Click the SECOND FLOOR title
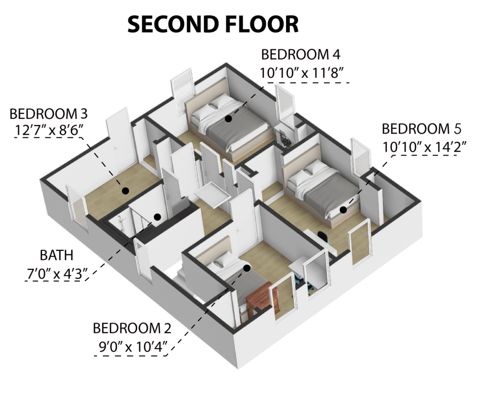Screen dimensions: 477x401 click(x=213, y=24)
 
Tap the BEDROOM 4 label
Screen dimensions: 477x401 click(x=301, y=55)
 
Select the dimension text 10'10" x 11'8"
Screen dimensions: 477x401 click(x=301, y=73)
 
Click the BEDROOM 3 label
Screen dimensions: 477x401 click(x=49, y=114)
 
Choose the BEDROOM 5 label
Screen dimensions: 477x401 click(x=421, y=129)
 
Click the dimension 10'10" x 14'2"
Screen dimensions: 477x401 click(x=424, y=147)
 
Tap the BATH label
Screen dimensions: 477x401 click(x=56, y=255)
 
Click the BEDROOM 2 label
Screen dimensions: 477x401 click(x=132, y=328)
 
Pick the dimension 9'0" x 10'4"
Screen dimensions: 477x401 click(x=133, y=346)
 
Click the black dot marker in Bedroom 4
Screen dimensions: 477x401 click(x=228, y=119)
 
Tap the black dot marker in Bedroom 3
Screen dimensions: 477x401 click(x=126, y=191)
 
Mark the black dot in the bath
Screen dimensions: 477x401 click(x=157, y=217)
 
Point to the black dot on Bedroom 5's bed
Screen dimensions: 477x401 click(x=343, y=210)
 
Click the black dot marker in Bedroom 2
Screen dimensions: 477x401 click(x=247, y=269)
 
